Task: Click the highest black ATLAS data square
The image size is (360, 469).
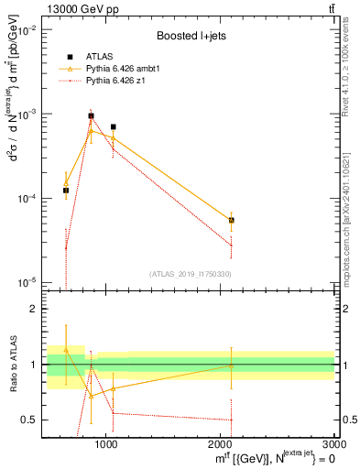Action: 91,116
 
